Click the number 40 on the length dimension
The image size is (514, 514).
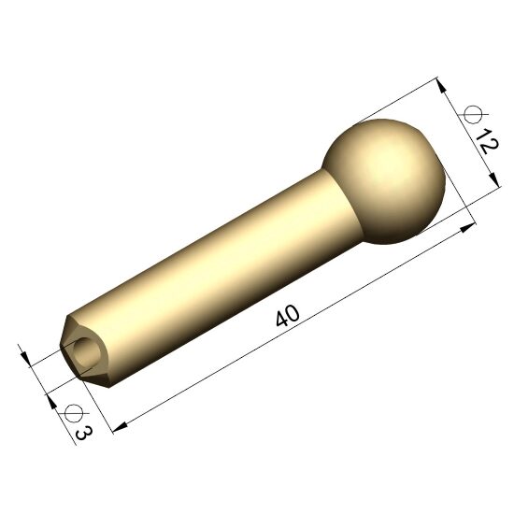[x=288, y=316]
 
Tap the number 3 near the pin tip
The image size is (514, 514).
[x=83, y=433]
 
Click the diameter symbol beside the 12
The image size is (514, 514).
[x=474, y=115]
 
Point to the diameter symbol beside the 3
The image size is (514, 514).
[x=73, y=413]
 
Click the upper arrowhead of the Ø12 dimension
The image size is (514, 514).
[x=441, y=86]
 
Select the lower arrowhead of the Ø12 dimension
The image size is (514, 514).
[x=493, y=180]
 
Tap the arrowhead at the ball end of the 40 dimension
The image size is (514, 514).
[x=468, y=228]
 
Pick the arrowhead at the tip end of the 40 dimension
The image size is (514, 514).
[x=120, y=427]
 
